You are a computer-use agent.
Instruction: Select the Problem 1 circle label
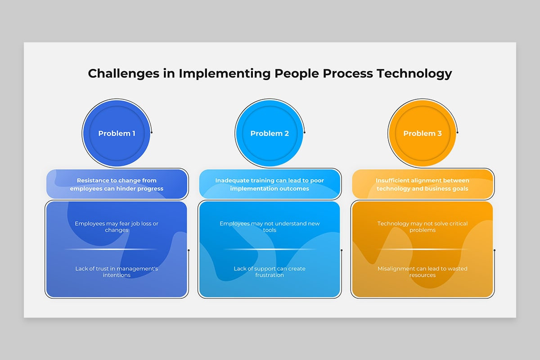point(117,133)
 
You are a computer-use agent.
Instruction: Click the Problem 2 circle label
point(270,133)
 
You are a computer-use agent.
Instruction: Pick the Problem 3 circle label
point(423,133)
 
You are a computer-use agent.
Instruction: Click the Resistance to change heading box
point(117,184)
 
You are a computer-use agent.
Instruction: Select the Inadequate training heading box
point(270,184)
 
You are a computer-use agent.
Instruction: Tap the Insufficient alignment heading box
point(423,184)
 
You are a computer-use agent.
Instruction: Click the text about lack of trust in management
point(117,272)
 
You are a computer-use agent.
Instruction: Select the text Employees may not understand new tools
point(270,227)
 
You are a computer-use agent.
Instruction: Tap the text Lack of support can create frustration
point(270,272)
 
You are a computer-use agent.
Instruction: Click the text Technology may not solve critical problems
point(423,227)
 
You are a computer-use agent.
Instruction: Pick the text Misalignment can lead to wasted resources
point(423,272)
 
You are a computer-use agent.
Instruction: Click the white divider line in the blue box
point(111,249)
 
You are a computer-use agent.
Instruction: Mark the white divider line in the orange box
point(423,249)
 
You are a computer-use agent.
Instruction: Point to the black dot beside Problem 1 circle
point(152,132)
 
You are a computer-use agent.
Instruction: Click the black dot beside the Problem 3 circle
point(458,132)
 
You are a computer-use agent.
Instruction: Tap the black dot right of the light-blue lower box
point(342,250)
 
